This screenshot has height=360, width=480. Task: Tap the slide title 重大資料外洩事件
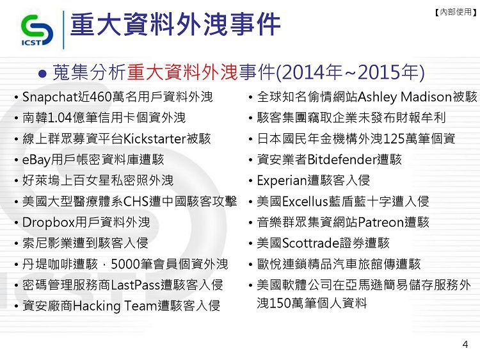pyautogui.click(x=175, y=24)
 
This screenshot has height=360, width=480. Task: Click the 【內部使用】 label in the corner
pyautogui.click(x=456, y=12)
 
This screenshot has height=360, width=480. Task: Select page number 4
pyautogui.click(x=465, y=345)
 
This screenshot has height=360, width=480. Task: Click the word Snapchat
pyautogui.click(x=50, y=97)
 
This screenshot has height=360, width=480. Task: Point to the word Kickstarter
pyautogui.click(x=155, y=139)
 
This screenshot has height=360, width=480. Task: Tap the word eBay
pyautogui.click(x=36, y=160)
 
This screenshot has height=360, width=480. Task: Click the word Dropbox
pyautogui.click(x=49, y=222)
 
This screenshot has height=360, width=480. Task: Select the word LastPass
pyautogui.click(x=135, y=285)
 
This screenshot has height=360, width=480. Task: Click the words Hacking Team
pyautogui.click(x=115, y=306)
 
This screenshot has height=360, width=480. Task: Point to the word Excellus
pyautogui.click(x=305, y=202)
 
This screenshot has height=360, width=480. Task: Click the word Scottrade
pyautogui.click(x=310, y=243)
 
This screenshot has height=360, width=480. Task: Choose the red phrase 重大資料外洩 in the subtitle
pyautogui.click(x=182, y=72)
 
